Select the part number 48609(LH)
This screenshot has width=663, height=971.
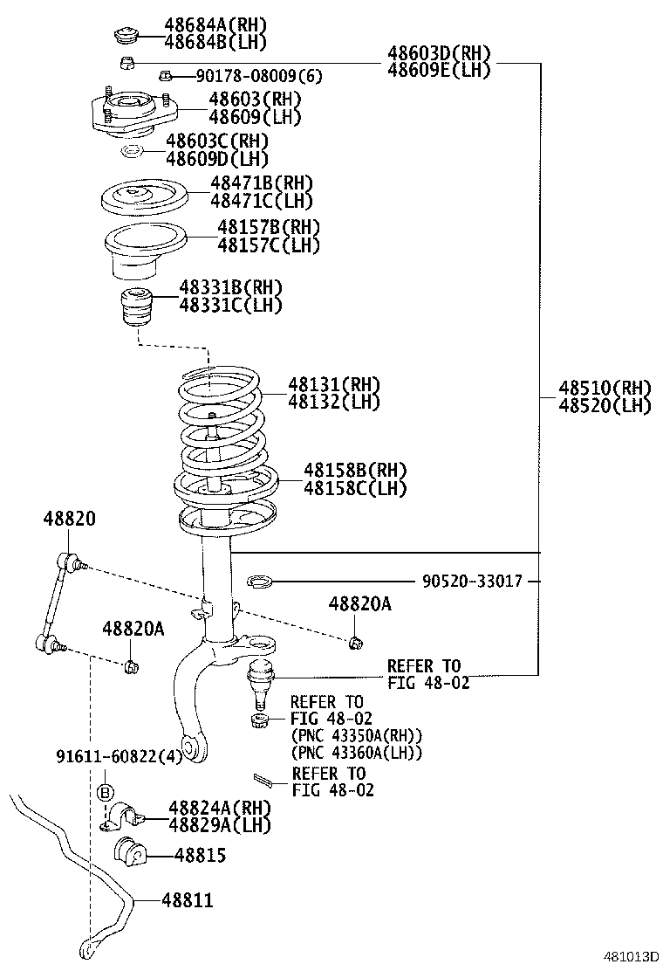coord(255,117)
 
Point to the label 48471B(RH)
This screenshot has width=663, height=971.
coord(261,182)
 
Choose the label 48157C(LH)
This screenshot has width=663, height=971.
coord(269,245)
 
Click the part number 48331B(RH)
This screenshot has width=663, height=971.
coord(231,287)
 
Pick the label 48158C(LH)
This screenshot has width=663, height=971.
coord(355,489)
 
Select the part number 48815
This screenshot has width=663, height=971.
coord(200,856)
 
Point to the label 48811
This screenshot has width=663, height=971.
coord(187,899)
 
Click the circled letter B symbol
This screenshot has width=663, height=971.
coord(104,793)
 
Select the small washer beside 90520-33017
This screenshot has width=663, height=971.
coord(260,581)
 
